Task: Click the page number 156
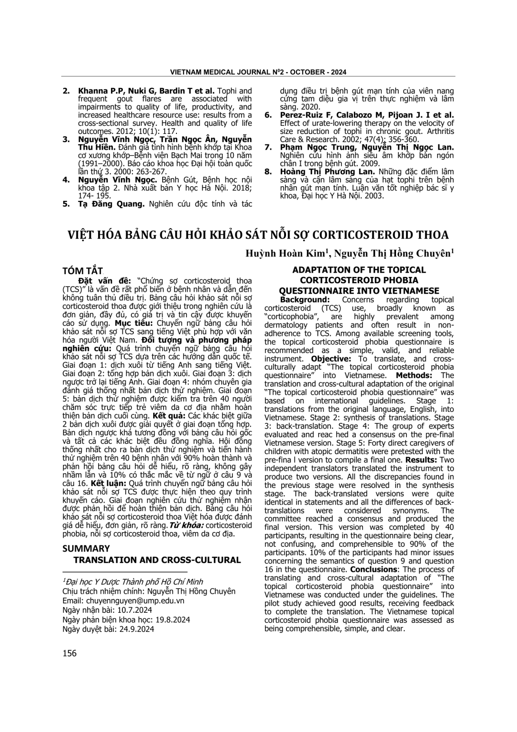[69, 653]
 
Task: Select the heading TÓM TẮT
[83, 271]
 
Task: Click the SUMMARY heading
[86, 548]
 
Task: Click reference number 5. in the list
[66, 204]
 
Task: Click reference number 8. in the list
[268, 171]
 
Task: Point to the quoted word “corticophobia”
[291, 316]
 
